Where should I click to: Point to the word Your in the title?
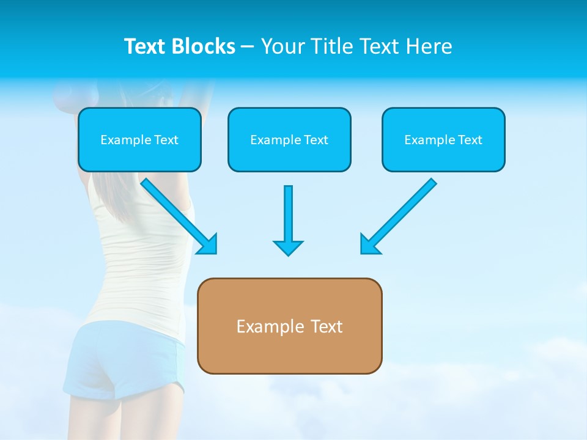click(x=283, y=46)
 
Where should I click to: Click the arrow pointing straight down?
click(x=288, y=220)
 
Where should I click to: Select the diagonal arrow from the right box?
click(x=398, y=216)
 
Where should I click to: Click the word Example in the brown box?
click(x=262, y=326)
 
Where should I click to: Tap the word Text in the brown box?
click(x=327, y=326)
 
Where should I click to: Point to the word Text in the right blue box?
click(x=470, y=140)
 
